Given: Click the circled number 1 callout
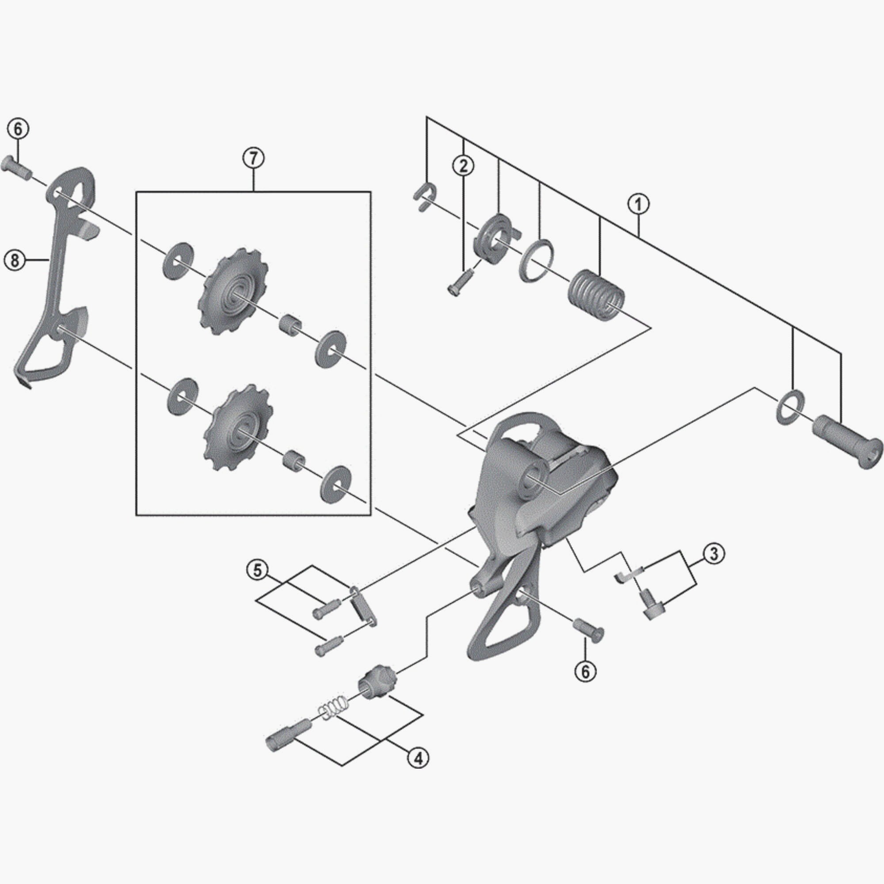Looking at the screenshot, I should pyautogui.click(x=638, y=204).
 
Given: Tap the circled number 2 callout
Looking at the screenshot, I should pyautogui.click(x=464, y=166).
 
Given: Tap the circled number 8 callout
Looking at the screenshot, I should pyautogui.click(x=14, y=260).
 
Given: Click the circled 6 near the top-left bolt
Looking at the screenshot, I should pyautogui.click(x=17, y=130).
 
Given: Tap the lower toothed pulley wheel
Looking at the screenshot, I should pyautogui.click(x=238, y=427).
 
